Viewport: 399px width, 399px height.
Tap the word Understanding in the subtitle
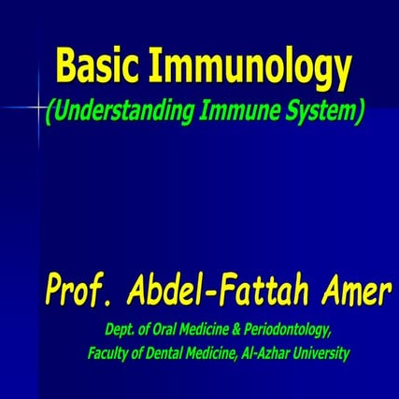[117, 112]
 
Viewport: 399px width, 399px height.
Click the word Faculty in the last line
[108, 354]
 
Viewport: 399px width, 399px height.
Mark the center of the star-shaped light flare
[38, 110]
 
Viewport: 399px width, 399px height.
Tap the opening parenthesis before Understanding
[48, 112]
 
